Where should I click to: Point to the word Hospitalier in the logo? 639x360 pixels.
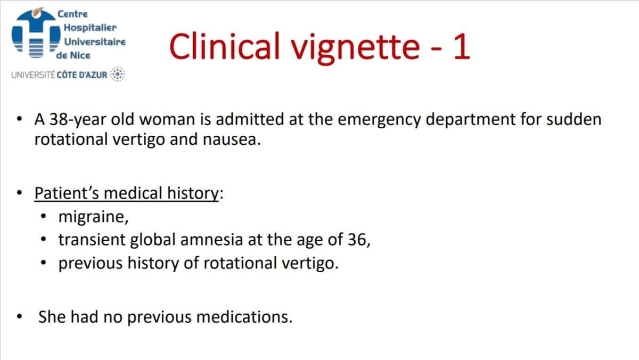(x=89, y=27)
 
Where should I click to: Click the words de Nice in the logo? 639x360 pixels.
(x=73, y=55)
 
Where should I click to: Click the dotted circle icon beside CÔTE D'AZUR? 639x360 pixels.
(x=118, y=75)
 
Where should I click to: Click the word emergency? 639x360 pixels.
(x=382, y=119)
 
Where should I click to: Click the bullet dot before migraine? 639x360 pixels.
(x=44, y=218)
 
